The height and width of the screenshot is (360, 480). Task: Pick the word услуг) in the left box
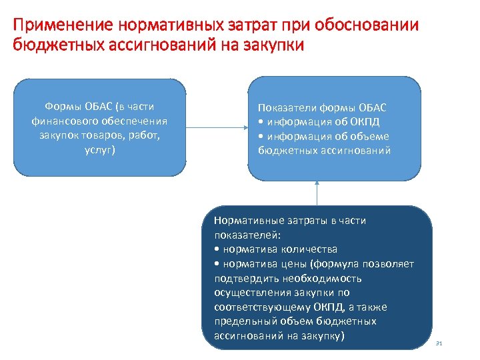click(x=99, y=150)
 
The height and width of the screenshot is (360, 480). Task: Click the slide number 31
click(x=439, y=343)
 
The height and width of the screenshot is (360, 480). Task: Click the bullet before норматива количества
click(x=217, y=249)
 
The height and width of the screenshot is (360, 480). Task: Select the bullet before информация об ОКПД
click(x=261, y=122)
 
